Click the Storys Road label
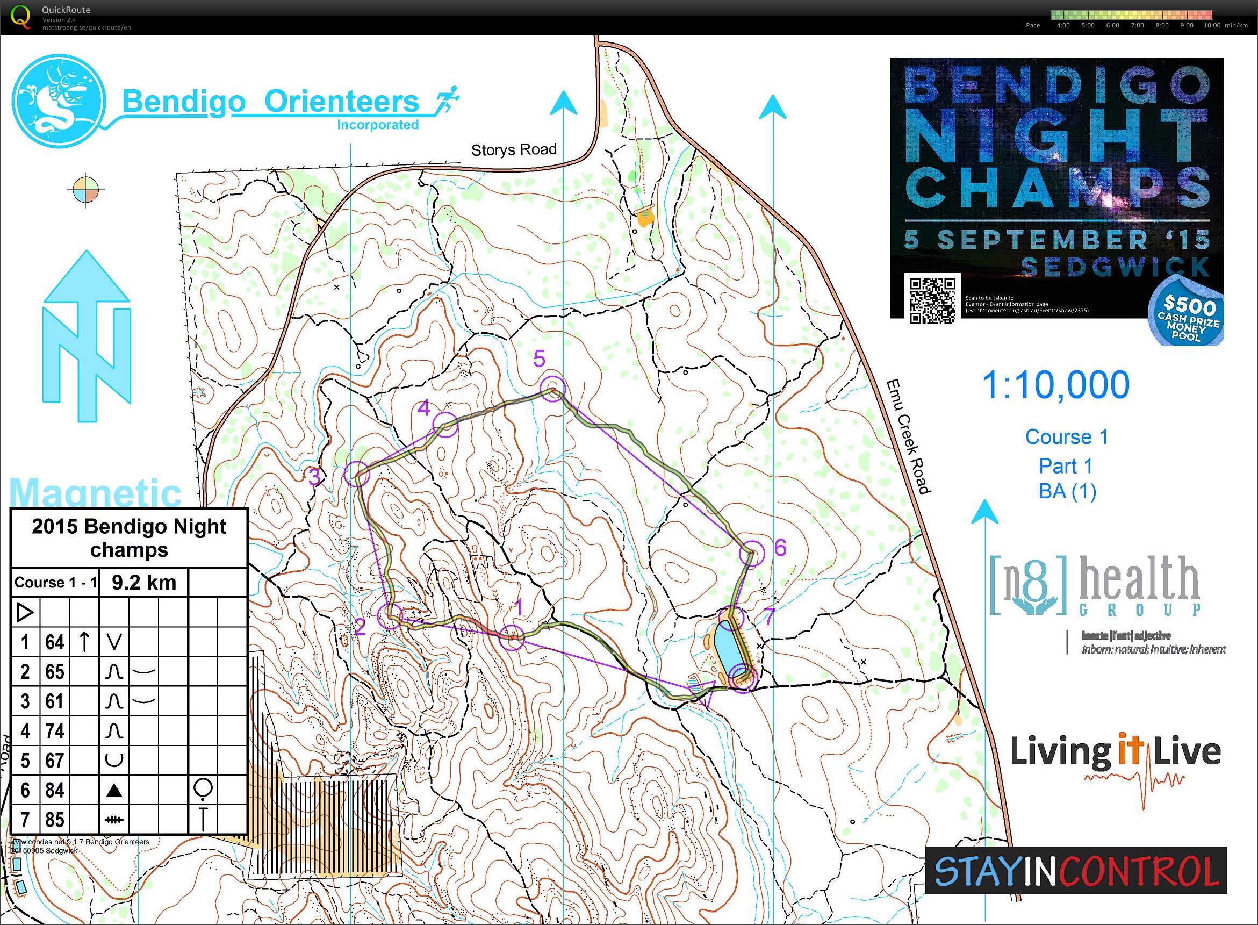click(x=513, y=150)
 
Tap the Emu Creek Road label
click(x=908, y=437)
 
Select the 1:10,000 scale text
click(x=1056, y=385)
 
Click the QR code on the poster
click(x=932, y=300)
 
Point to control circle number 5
click(x=552, y=389)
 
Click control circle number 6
click(x=751, y=554)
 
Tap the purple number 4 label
click(x=424, y=407)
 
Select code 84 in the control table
click(x=54, y=791)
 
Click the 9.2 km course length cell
click(x=144, y=582)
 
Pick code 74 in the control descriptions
click(x=54, y=732)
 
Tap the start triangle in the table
click(x=25, y=612)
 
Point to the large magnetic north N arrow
click(x=87, y=336)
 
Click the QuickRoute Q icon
click(x=21, y=16)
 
